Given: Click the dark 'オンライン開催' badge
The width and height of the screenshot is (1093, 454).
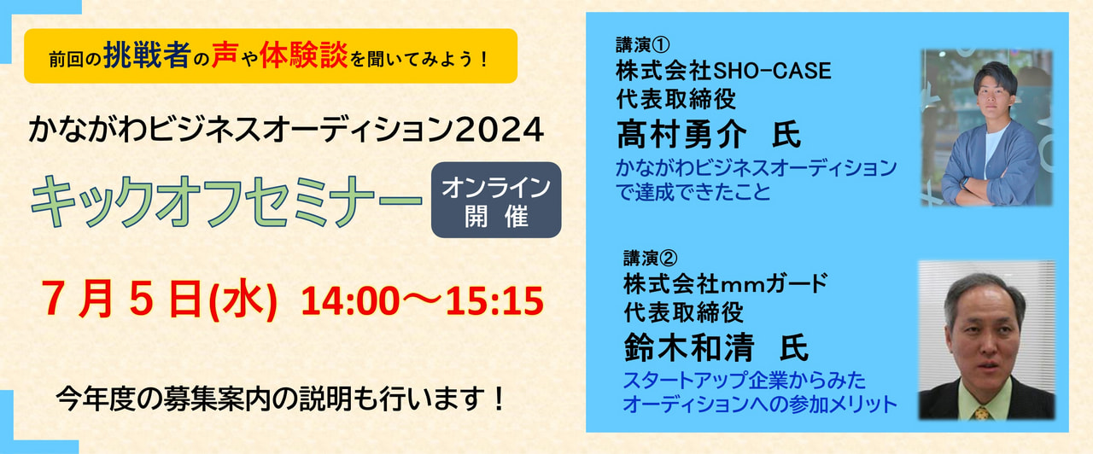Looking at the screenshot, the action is [496, 200].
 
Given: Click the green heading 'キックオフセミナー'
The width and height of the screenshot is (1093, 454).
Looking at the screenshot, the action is [226, 201].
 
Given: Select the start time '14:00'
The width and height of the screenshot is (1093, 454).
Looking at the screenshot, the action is [351, 301].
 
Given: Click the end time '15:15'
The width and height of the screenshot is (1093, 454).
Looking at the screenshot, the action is [494, 301].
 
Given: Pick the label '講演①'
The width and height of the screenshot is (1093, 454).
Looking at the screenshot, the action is [642, 45].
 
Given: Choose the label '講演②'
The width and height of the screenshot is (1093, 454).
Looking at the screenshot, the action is [650, 258].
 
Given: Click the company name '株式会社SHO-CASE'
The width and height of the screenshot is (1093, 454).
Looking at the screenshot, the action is [723, 71].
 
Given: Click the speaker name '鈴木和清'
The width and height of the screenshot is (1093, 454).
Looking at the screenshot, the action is [689, 347].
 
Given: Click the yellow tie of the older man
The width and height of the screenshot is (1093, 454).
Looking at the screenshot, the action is [982, 412].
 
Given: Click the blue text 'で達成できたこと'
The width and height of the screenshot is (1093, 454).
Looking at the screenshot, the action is [693, 192].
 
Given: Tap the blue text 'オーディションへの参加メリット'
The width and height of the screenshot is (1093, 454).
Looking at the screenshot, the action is [760, 405].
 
